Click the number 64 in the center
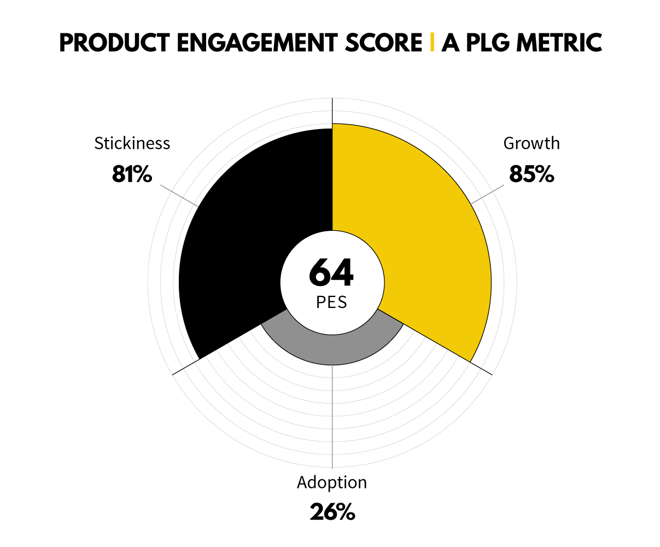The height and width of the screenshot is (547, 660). click(x=331, y=272)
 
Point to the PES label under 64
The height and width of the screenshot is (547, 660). click(x=331, y=302)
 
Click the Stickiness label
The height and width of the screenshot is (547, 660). click(x=132, y=143)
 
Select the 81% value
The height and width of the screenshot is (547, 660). click(x=132, y=174)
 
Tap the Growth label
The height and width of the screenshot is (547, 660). click(x=531, y=143)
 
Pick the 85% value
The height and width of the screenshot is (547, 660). click(x=531, y=174)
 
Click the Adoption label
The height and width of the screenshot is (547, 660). click(x=332, y=482)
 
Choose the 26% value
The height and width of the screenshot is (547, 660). click(x=332, y=513)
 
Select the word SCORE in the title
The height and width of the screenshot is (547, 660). click(x=384, y=43)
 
